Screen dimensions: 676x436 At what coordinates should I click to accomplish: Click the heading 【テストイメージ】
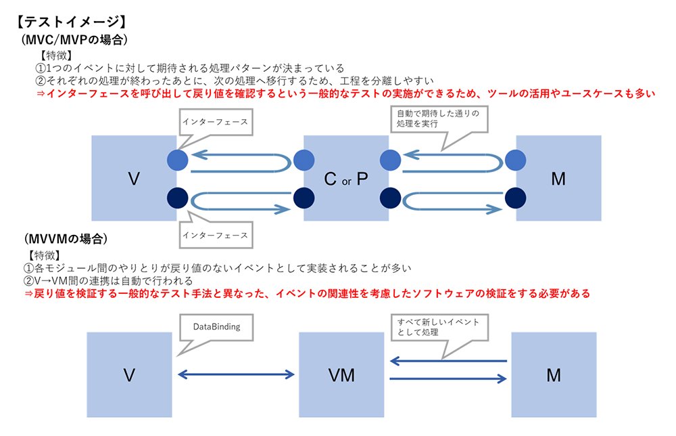pos(71,22)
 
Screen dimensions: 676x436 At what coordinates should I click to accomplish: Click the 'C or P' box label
pos(346,179)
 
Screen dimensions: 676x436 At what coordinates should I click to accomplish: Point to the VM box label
pos(341,375)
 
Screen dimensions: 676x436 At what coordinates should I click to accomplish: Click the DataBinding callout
pos(216,327)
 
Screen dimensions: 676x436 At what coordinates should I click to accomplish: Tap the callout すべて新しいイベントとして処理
pos(439,327)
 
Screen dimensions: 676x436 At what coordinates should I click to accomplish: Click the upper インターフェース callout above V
pos(216,122)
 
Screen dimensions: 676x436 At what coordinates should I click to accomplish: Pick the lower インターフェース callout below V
pos(216,236)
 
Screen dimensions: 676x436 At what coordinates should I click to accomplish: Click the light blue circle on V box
pos(178,160)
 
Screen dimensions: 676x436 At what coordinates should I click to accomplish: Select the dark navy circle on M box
pos(515,198)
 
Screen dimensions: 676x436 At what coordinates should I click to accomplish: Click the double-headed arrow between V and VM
pos(236,374)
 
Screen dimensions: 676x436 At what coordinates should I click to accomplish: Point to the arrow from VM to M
pos(448,378)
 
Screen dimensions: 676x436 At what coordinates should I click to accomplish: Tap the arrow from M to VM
pos(448,360)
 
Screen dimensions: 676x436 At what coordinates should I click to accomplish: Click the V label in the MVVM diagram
pos(129,375)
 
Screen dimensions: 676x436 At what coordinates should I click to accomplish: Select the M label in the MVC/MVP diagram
pos(558,179)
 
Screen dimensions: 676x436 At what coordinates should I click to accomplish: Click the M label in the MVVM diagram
pos(554,375)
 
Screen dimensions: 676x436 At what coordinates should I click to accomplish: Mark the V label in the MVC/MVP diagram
pos(134,179)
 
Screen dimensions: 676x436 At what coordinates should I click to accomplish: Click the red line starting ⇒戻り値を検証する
pos(307,294)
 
